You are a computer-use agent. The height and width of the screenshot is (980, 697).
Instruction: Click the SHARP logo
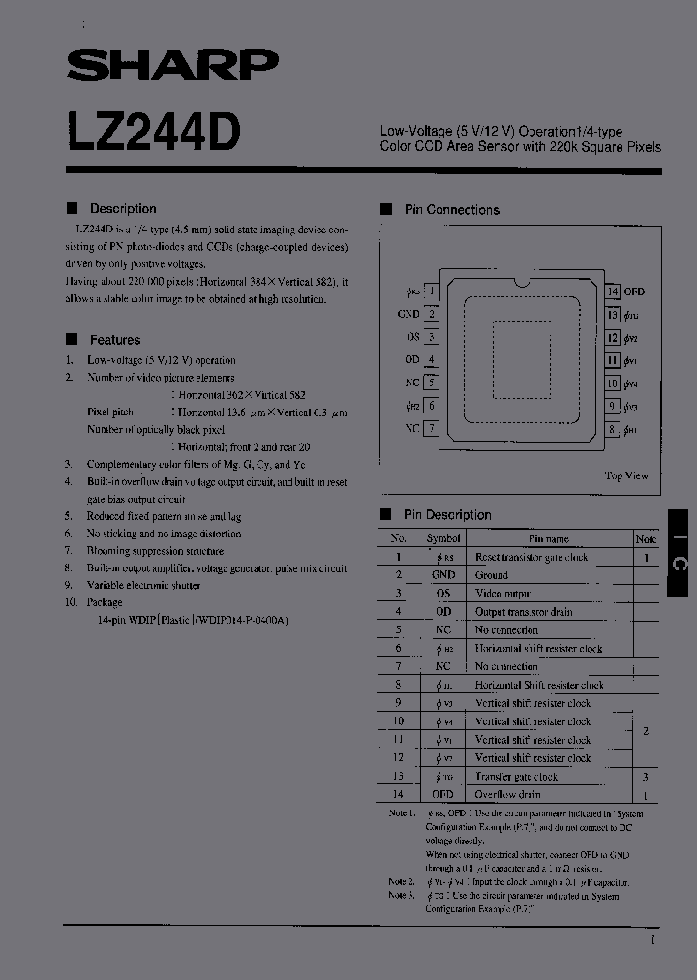pos(172,65)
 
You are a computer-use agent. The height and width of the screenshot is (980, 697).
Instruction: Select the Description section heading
pos(122,208)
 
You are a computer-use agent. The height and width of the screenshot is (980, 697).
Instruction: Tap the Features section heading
pos(114,340)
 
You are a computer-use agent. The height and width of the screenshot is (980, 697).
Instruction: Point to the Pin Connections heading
pos(451,209)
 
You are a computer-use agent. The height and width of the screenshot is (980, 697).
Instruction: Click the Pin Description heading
pos(447,515)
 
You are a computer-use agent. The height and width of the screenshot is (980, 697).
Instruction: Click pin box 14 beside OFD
pos(612,291)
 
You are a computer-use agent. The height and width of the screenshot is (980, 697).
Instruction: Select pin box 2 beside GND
pos(432,314)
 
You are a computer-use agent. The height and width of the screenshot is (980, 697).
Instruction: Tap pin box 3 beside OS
pos(432,337)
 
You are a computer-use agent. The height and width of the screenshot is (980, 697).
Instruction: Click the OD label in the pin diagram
pos(411,360)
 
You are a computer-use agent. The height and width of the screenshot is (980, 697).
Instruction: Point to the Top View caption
pos(626,475)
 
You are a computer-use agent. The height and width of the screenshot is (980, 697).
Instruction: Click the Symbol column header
pos(443,538)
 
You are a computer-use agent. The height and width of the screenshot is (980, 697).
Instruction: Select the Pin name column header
pos(549,538)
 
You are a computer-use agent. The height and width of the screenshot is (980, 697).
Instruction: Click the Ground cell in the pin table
pos(492,575)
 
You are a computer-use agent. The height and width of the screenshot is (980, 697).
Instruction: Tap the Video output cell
pos(503,594)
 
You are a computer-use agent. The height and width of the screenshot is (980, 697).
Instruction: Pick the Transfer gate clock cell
pos(516,777)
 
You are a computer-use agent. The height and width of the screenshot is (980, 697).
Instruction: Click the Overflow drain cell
pos(507,794)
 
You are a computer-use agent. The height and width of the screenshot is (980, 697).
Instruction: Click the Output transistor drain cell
pos(524,612)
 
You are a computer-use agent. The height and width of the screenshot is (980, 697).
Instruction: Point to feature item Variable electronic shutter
pos(143,585)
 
